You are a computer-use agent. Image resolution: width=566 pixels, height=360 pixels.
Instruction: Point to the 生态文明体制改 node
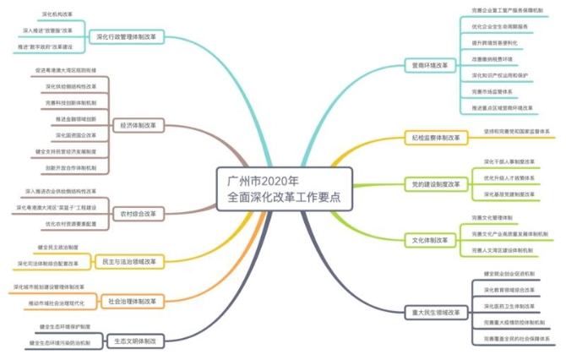coord(136,341)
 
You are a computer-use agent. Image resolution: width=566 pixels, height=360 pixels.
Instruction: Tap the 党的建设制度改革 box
coord(436,183)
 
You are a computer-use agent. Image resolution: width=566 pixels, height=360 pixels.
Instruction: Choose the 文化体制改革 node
coord(429,240)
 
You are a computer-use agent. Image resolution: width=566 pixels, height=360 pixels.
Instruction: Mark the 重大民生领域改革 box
coord(436,312)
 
